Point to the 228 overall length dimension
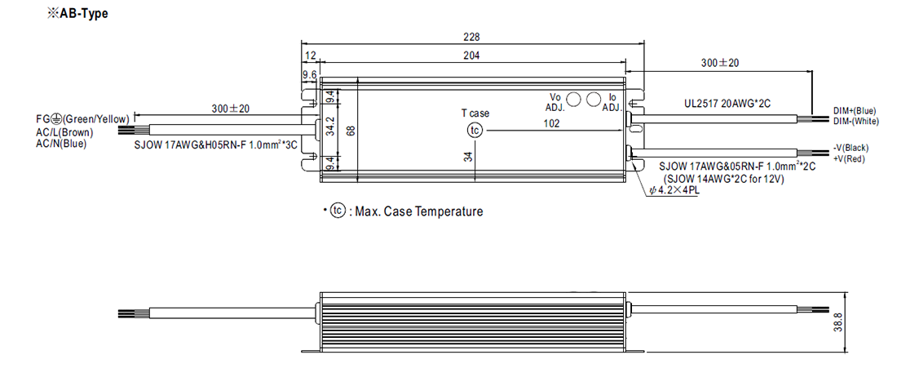[472, 37]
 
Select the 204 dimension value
[472, 55]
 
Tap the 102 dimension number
[552, 124]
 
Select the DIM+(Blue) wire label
[855, 110]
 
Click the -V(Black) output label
[851, 147]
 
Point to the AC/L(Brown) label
[64, 132]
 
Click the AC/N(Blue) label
[61, 144]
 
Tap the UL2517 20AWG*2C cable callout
[729, 105]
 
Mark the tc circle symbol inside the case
[475, 131]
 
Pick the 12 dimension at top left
[310, 55]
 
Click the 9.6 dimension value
[310, 75]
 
